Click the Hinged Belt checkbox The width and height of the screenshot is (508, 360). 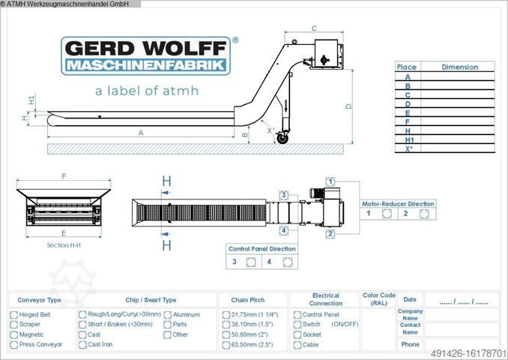[13, 315]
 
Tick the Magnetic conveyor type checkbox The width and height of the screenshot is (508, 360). [13, 334]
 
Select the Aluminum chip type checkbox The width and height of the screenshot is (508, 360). [167, 315]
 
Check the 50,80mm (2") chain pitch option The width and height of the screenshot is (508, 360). [226, 334]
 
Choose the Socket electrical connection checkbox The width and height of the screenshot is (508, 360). [297, 334]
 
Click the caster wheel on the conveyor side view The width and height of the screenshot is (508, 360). [282, 138]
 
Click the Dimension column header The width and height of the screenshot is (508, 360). [459, 67]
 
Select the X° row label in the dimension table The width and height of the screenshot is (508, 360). [407, 148]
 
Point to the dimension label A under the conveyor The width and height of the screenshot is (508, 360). [141, 133]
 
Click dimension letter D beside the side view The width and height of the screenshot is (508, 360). [348, 106]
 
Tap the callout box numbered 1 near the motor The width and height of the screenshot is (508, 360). [330, 181]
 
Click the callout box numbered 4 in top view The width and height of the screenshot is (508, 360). [284, 230]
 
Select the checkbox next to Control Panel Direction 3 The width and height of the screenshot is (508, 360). [251, 262]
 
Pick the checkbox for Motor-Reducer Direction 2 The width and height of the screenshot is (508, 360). [424, 214]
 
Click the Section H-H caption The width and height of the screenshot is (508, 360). [63, 245]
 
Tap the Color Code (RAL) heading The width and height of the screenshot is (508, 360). [378, 299]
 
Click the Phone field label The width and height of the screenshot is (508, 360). [410, 344]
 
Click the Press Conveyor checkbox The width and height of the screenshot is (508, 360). [13, 345]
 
